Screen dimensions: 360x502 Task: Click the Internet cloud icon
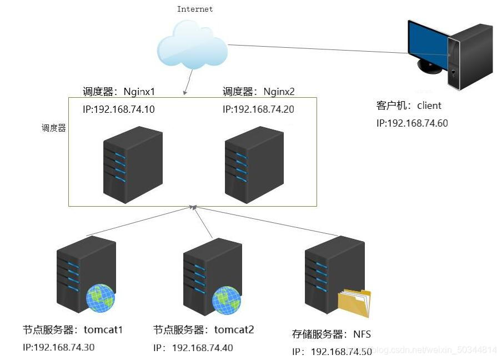click(192, 44)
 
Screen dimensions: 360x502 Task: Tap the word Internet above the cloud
click(194, 9)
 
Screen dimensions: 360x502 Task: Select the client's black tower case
click(471, 56)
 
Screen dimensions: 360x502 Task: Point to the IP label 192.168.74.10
click(119, 109)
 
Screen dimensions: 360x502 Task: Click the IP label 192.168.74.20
click(258, 109)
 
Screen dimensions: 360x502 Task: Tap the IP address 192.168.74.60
click(411, 123)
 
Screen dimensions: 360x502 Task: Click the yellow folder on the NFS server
click(354, 303)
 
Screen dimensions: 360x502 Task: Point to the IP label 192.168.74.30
click(58, 348)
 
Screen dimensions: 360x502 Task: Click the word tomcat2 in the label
click(234, 329)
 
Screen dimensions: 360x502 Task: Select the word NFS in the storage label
click(362, 334)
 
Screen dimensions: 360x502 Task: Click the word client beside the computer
click(429, 106)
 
